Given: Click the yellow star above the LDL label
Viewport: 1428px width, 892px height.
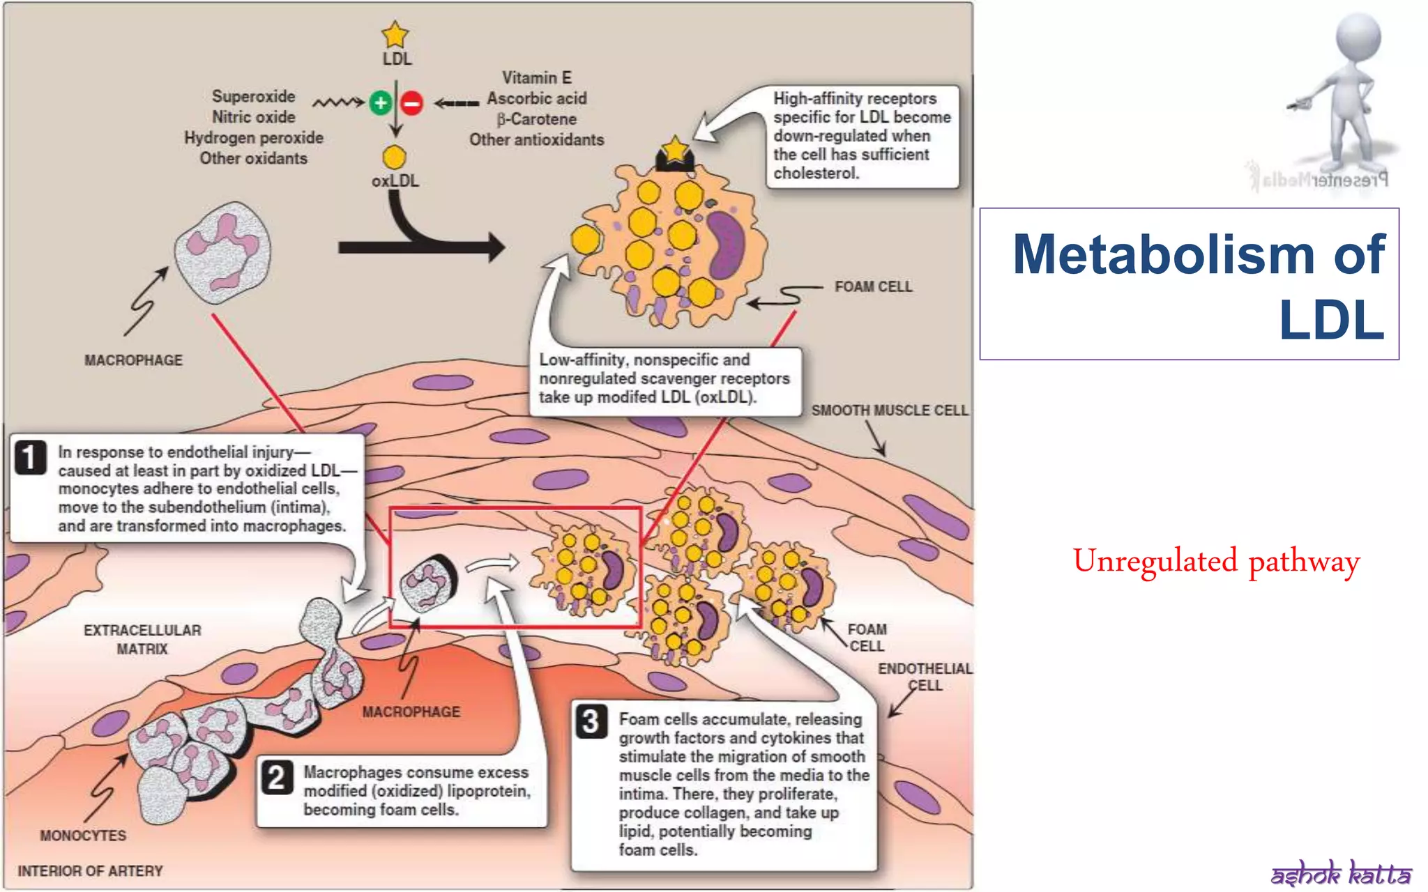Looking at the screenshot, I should (x=395, y=34).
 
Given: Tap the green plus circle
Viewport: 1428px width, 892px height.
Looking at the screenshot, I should (x=380, y=103).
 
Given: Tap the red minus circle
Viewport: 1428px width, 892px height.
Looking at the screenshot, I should (x=412, y=103).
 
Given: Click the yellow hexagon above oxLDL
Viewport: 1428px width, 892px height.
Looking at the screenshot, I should (x=395, y=157).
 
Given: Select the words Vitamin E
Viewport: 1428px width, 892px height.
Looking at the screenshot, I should (x=536, y=77).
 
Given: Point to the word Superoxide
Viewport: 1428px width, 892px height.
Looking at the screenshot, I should (x=253, y=96).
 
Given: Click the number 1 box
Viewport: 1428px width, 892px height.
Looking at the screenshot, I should (x=30, y=458).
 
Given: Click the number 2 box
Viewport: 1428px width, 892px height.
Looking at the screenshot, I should (x=276, y=777).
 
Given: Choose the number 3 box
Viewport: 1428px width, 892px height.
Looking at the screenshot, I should (x=591, y=722).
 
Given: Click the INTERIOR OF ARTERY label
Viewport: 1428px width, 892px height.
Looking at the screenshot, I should (x=90, y=871).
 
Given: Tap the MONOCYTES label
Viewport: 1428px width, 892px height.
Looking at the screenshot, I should (x=83, y=836).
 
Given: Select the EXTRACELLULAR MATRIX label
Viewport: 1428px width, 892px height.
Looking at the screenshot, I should (x=142, y=639).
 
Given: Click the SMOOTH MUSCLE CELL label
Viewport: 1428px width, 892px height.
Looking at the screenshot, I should (x=889, y=410).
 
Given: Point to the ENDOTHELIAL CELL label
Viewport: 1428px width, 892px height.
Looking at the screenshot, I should (x=925, y=677).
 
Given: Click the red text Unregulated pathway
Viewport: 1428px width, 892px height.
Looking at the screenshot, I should (x=1216, y=562).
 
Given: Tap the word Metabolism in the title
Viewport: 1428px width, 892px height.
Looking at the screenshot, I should (x=1163, y=254).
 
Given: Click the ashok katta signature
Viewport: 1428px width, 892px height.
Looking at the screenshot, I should (x=1340, y=872).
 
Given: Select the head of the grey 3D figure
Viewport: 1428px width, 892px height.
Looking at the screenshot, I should (x=1358, y=37).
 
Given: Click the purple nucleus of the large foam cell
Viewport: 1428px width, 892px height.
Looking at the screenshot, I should (x=727, y=243).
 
